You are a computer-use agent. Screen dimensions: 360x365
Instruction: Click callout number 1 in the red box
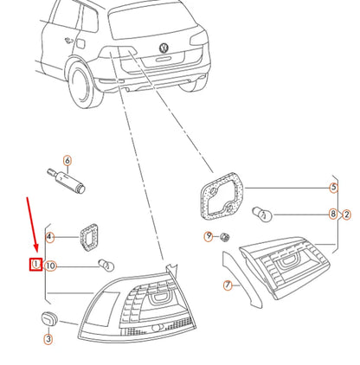pyautogui.click(x=36, y=264)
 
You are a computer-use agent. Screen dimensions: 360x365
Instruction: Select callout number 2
pyautogui.click(x=346, y=215)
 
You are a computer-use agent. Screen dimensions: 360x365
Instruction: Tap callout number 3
pyautogui.click(x=48, y=339)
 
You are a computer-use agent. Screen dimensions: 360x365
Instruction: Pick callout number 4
pyautogui.click(x=50, y=237)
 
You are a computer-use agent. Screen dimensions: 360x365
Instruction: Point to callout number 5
pyautogui.click(x=333, y=188)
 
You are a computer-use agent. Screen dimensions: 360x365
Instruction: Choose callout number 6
pyautogui.click(x=67, y=161)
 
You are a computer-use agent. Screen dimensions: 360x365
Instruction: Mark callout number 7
pyautogui.click(x=228, y=285)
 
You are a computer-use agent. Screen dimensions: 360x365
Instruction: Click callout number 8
pyautogui.click(x=333, y=214)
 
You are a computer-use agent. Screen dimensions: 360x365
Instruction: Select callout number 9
pyautogui.click(x=209, y=237)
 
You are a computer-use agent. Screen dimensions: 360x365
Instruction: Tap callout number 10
pyautogui.click(x=50, y=266)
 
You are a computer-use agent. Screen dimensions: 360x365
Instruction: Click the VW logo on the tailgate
pyautogui.click(x=164, y=48)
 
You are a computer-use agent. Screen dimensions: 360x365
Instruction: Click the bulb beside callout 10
pyautogui.click(x=106, y=266)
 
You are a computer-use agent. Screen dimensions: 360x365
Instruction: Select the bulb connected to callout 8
pyautogui.click(x=262, y=215)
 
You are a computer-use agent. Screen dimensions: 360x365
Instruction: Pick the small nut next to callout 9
pyautogui.click(x=224, y=237)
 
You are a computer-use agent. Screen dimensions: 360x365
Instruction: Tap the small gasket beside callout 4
pyautogui.click(x=88, y=237)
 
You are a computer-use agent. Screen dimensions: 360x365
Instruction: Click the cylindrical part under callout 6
pyautogui.click(x=67, y=181)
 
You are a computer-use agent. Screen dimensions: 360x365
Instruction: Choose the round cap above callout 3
pyautogui.click(x=49, y=318)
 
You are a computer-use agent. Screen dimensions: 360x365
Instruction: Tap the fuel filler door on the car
pyautogui.click(x=80, y=43)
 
